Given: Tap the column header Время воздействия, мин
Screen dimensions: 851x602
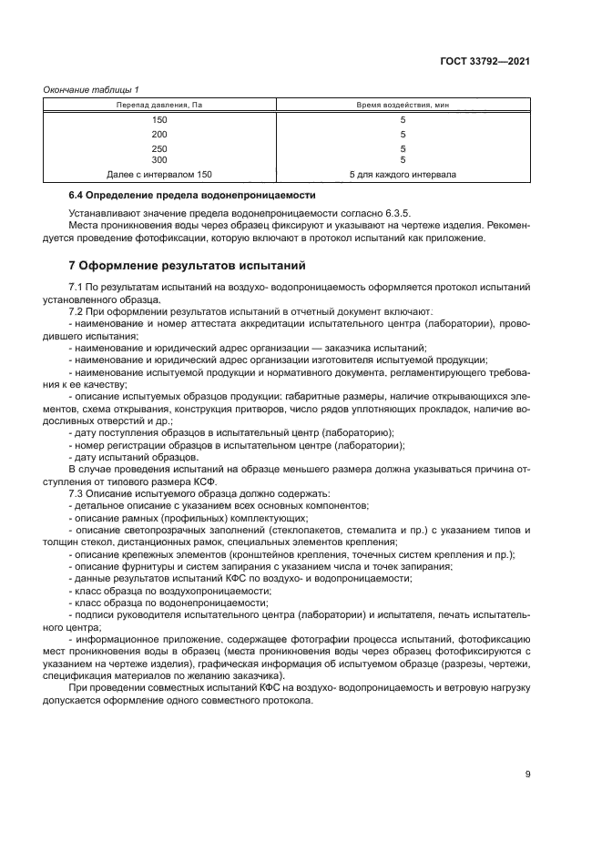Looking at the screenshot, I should pos(402,106).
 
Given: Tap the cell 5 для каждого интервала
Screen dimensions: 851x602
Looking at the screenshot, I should pos(403,173).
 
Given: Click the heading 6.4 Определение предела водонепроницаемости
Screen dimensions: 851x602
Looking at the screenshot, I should pos(192,196).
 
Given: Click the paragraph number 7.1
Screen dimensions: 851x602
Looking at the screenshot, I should pos(77,288).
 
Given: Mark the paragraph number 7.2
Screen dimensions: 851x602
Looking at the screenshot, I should pos(77,311).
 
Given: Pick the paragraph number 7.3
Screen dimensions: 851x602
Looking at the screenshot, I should pos(77,492).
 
